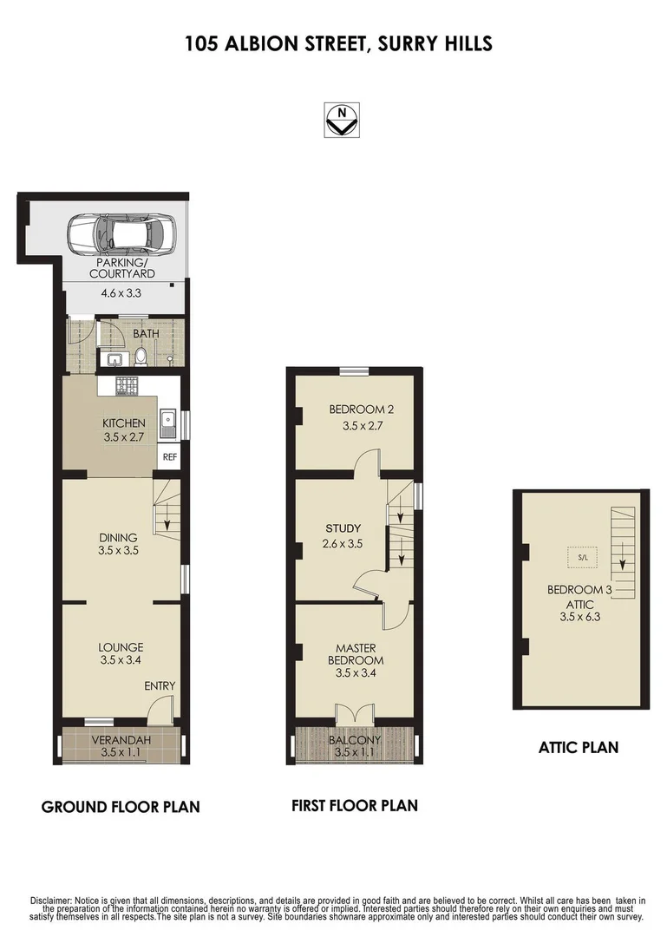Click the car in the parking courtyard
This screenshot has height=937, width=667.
coord(121,233)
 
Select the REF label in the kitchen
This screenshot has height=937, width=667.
coord(168,455)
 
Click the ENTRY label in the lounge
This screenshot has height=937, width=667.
coord(160,686)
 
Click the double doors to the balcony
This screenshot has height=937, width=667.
coord(354,713)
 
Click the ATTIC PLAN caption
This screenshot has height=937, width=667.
coord(579,746)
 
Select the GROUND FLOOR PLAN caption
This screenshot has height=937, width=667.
coord(121,807)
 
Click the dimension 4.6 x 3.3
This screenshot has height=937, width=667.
coord(121,293)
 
